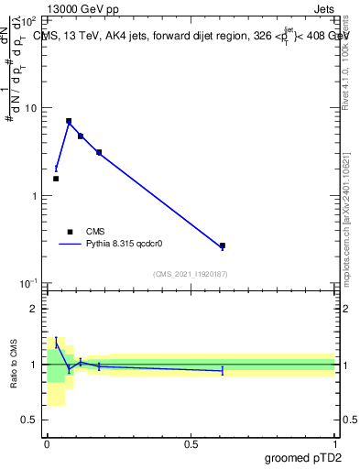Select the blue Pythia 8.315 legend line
[x=70, y=245]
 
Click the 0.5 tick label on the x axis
[x=191, y=444]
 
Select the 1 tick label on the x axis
[x=335, y=444]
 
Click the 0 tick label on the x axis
[x=47, y=444]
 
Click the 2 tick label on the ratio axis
[x=34, y=310]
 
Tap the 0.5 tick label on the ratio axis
[x=29, y=420]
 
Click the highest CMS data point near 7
[x=69, y=121]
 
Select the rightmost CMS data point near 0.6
[x=223, y=245]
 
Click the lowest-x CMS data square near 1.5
[x=56, y=179]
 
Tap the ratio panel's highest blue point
[x=56, y=342]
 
